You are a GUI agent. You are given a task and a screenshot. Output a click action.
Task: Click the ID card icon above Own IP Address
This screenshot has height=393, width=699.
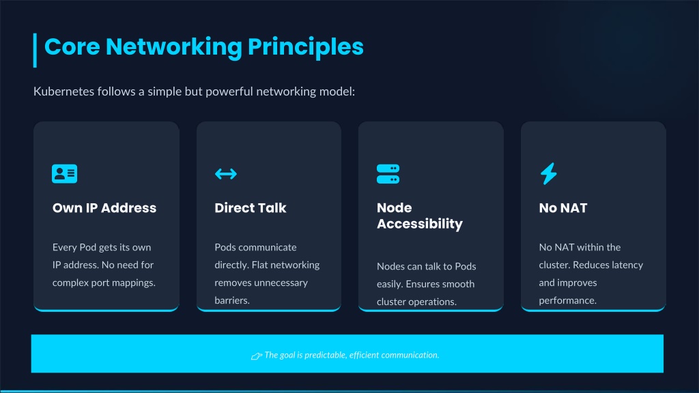(x=64, y=174)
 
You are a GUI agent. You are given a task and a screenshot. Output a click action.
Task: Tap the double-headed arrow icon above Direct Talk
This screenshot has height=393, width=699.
(x=226, y=174)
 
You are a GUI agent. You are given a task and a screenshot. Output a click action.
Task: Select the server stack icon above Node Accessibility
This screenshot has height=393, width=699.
(x=388, y=174)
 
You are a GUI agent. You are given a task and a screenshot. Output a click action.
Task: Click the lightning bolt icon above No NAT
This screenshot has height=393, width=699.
(x=549, y=174)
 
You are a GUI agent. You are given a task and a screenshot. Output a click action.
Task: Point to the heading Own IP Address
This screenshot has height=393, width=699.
(x=104, y=208)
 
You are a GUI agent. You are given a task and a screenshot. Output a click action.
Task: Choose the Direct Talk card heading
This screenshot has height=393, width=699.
(x=250, y=208)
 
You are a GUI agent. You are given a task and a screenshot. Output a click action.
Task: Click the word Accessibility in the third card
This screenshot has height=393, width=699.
(x=419, y=224)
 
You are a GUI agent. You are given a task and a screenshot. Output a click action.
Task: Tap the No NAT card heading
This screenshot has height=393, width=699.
(x=562, y=208)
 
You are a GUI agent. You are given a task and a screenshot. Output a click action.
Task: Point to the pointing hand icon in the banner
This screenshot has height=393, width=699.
(x=257, y=355)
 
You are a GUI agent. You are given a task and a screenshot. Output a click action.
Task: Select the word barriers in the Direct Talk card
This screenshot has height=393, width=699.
(x=231, y=300)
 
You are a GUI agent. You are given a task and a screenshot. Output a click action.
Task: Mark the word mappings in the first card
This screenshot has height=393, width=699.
(x=136, y=282)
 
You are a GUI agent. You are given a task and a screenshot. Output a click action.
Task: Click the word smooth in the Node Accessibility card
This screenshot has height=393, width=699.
(x=459, y=284)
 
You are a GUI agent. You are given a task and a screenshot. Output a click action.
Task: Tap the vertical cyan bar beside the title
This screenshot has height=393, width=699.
(x=35, y=50)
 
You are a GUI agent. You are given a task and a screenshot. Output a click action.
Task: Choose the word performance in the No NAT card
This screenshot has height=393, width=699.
(x=567, y=300)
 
